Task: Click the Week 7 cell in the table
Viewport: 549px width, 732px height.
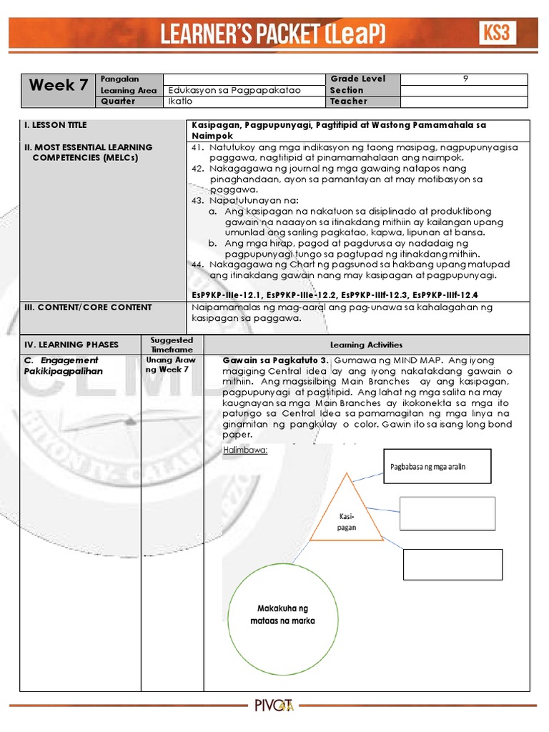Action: coord(59,86)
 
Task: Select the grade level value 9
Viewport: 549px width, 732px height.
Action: coord(465,79)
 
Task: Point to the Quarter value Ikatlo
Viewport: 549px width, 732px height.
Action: coord(179,102)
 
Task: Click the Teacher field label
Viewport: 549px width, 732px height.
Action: coord(348,102)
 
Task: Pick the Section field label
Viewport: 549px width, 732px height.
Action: coord(347,91)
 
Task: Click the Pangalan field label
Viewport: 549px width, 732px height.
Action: coord(120,79)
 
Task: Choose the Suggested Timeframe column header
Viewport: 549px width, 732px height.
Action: coord(172,345)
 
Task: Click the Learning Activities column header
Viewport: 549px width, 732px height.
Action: coord(366,345)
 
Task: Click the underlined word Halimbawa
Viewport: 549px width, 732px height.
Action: coord(245,450)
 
